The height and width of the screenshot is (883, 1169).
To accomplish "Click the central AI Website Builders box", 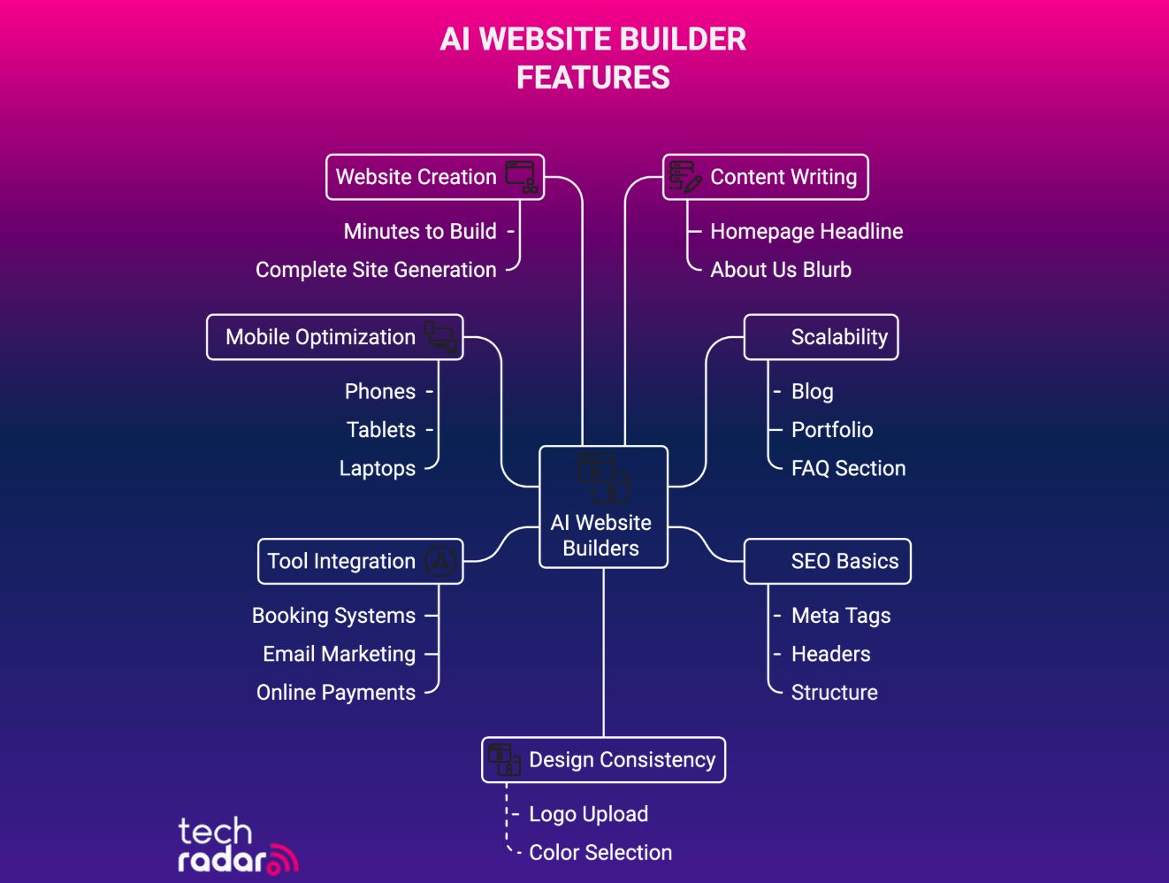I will click(x=603, y=507).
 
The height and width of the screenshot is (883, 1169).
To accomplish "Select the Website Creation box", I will click(x=434, y=177).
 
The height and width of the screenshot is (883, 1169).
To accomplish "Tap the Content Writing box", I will click(x=766, y=177).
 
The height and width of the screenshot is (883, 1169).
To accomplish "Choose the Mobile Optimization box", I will click(x=334, y=337).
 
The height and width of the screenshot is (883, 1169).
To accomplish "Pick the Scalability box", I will click(x=821, y=337).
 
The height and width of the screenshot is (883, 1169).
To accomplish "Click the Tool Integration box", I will click(x=360, y=561).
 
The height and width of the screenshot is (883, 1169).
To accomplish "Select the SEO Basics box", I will click(x=827, y=561).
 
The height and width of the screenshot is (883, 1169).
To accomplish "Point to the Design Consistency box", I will click(x=603, y=760).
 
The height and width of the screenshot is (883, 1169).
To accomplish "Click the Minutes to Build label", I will click(x=420, y=232).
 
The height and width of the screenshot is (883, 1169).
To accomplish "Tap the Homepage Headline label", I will click(x=806, y=232).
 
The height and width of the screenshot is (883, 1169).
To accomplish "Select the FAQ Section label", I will click(x=848, y=468).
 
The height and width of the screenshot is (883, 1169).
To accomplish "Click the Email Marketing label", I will click(x=339, y=654).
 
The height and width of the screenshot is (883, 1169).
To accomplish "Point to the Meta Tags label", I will click(x=841, y=616).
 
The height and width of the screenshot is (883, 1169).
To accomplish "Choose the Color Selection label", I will click(x=600, y=853).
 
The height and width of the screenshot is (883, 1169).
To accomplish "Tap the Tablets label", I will click(x=381, y=430).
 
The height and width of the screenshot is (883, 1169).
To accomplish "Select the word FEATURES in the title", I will click(x=593, y=78).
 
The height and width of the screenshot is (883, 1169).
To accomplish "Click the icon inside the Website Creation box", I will click(x=522, y=177).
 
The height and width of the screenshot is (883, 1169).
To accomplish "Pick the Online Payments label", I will click(x=336, y=693).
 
